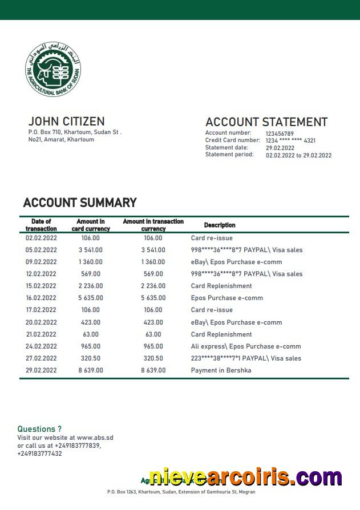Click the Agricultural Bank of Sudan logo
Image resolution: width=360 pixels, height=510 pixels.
click(53, 70)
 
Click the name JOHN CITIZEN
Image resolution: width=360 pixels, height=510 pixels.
click(66, 122)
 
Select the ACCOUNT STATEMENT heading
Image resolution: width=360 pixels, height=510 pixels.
click(266, 122)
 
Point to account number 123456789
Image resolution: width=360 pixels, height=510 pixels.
click(280, 133)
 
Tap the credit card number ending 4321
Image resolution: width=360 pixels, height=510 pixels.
click(290, 140)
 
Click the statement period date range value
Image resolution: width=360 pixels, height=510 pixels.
click(298, 155)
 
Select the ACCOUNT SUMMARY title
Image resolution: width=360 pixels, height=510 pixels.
click(80, 203)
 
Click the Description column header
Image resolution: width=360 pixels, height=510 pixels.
click(220, 225)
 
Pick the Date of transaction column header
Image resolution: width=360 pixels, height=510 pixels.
click(41, 225)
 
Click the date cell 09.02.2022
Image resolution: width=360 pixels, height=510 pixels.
click(41, 262)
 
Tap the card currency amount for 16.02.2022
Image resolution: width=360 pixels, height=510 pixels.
click(91, 298)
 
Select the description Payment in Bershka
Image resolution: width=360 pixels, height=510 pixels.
click(221, 370)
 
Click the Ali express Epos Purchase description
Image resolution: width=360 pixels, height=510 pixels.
click(245, 346)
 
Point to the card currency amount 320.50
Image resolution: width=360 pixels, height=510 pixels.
click(90, 358)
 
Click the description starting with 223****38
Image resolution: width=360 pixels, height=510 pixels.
click(246, 358)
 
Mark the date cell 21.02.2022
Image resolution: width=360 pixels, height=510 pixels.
click(41, 334)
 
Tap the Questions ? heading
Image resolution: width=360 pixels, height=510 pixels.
click(39, 429)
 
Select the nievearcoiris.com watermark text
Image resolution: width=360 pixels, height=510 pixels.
click(245, 477)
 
